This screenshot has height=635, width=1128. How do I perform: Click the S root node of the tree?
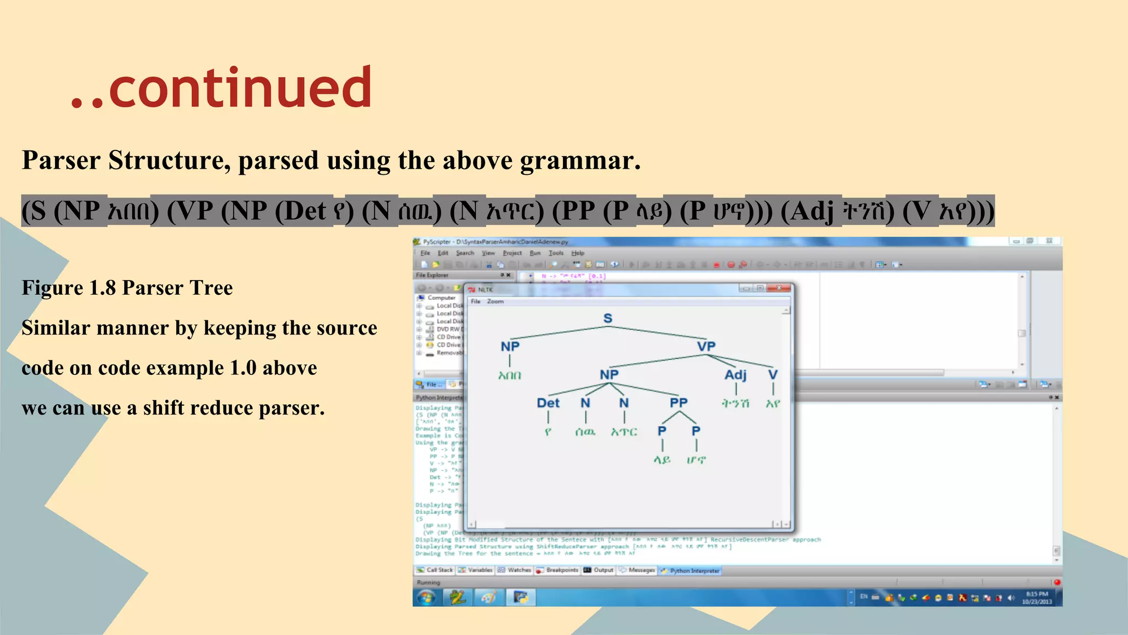(x=608, y=318)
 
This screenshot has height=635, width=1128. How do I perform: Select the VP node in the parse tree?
(x=706, y=346)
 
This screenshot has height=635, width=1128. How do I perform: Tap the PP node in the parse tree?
(x=679, y=402)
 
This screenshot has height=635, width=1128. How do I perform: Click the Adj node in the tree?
(x=735, y=375)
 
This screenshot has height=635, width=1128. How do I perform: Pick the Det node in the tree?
(x=548, y=403)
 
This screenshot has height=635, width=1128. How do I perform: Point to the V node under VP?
(x=773, y=375)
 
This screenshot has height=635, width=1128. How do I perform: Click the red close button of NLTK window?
(x=779, y=288)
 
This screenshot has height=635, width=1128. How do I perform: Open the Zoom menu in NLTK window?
(x=495, y=302)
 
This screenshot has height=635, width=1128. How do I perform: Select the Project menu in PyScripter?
(x=512, y=253)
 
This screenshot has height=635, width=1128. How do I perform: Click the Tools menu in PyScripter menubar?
(x=556, y=253)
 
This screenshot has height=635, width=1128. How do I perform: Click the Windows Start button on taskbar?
(x=426, y=598)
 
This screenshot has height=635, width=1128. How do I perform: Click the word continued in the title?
(x=240, y=88)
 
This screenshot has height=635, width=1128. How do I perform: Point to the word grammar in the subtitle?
(x=580, y=161)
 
